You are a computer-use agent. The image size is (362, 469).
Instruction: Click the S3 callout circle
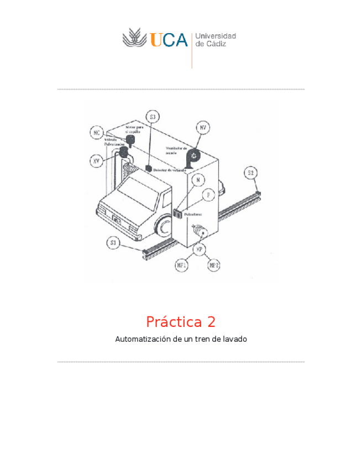click(x=153, y=116)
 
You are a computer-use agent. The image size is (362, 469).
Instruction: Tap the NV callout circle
click(x=203, y=128)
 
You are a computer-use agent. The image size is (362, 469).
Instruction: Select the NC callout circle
click(x=97, y=133)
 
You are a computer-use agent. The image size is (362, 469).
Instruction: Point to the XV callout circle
click(x=97, y=161)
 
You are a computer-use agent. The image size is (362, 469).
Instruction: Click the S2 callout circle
click(x=251, y=173)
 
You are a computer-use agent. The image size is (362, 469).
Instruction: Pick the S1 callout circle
click(x=113, y=243)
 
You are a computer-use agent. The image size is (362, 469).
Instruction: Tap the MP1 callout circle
click(x=181, y=265)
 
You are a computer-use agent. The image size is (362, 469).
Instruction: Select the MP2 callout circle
click(x=214, y=265)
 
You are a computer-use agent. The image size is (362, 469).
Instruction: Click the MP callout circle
click(x=198, y=249)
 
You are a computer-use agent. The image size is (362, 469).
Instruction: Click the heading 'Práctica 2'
click(x=181, y=321)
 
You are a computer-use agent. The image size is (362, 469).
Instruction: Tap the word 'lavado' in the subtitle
click(x=234, y=339)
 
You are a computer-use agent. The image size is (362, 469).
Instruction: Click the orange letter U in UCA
click(x=156, y=40)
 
